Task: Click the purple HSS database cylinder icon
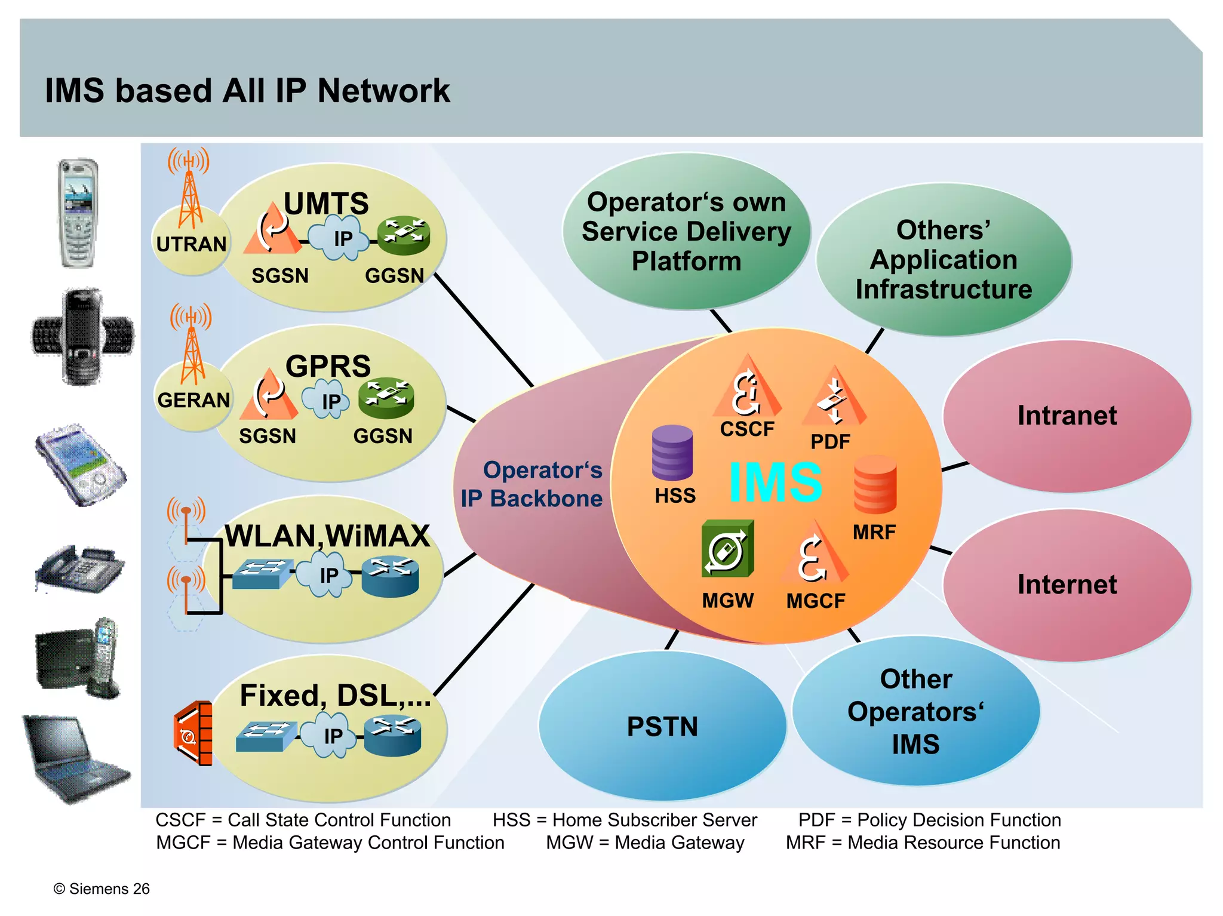[x=672, y=453]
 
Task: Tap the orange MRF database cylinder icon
[x=875, y=484]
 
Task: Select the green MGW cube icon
[x=727, y=549]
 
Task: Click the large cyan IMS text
[x=776, y=482]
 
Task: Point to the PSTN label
[x=662, y=727]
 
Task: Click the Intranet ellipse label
[x=1067, y=416]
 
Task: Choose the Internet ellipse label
[x=1067, y=585]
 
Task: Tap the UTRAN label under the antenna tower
[x=191, y=244]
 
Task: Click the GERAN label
[x=193, y=400]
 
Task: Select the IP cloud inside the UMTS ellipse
[x=342, y=239]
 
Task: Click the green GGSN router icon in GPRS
[x=386, y=397]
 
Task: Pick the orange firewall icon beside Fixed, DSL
[x=193, y=733]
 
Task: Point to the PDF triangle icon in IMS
[x=834, y=396]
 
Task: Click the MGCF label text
[x=816, y=601]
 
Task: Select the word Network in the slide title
[x=383, y=91]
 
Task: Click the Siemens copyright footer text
[x=102, y=889]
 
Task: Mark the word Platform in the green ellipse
[x=686, y=261]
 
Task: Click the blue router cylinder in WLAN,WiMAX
[x=390, y=577]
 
